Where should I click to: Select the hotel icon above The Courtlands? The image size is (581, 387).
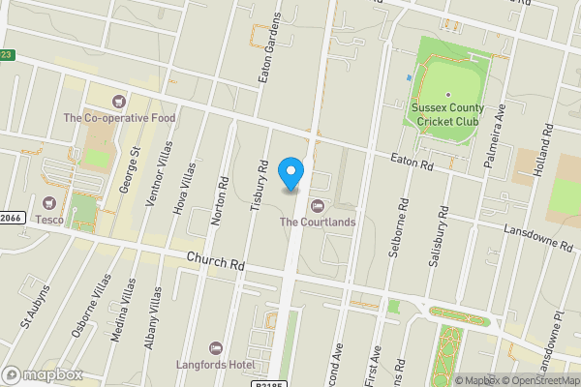coord(317,205)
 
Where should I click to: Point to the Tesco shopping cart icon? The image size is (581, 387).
coord(48,203)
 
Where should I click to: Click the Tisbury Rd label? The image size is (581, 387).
coord(260,181)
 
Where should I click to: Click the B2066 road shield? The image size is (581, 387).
coord(10,219)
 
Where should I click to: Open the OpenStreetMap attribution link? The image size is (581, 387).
coord(540,380)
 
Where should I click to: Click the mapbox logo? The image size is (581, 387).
coord(43,374)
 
